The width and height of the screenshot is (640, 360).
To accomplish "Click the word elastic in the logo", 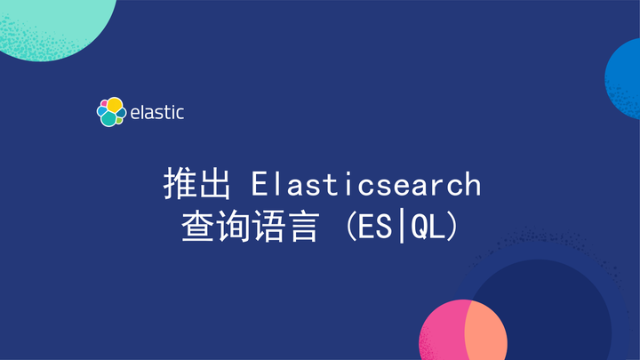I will (157, 113).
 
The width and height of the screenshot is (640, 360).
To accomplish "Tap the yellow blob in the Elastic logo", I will (115, 105).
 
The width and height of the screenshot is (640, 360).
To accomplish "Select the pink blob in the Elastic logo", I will (103, 103).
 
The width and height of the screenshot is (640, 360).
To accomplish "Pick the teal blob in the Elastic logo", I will (109, 118).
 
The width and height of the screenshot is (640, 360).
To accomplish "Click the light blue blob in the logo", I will (100, 112).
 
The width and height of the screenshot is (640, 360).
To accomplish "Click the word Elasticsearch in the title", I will (365, 185).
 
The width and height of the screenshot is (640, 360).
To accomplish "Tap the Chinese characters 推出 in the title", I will (198, 185).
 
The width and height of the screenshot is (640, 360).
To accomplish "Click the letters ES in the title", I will (364, 228).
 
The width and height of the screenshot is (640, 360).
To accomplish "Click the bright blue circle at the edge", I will (625, 76).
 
